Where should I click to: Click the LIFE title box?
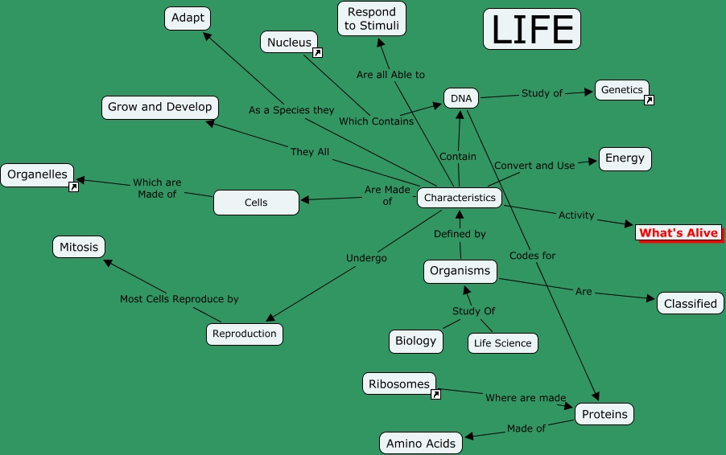pyautogui.click(x=531, y=29)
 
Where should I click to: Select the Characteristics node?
pyautogui.click(x=460, y=198)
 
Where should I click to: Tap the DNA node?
pyautogui.click(x=461, y=99)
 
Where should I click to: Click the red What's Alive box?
pyautogui.click(x=678, y=233)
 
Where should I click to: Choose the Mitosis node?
pyautogui.click(x=79, y=248)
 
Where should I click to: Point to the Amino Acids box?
pyautogui.click(x=421, y=443)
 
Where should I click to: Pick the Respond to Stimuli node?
pyautogui.click(x=371, y=18)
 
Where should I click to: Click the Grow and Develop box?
pyautogui.click(x=160, y=107)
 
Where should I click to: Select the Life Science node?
pyautogui.click(x=502, y=343)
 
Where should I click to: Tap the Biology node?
pyautogui.click(x=415, y=341)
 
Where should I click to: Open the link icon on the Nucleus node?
pyautogui.click(x=317, y=53)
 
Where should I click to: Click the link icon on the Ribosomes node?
pyautogui.click(x=435, y=395)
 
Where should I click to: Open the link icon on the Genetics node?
pyautogui.click(x=649, y=100)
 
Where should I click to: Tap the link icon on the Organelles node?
pyautogui.click(x=73, y=187)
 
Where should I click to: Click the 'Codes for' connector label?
pyautogui.click(x=532, y=256)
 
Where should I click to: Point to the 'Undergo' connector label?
pyautogui.click(x=366, y=258)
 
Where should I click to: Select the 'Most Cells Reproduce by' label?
pyautogui.click(x=179, y=299)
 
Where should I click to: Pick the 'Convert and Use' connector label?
pyautogui.click(x=534, y=166)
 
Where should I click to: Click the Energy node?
pyautogui.click(x=625, y=158)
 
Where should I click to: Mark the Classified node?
pyautogui.click(x=690, y=304)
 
